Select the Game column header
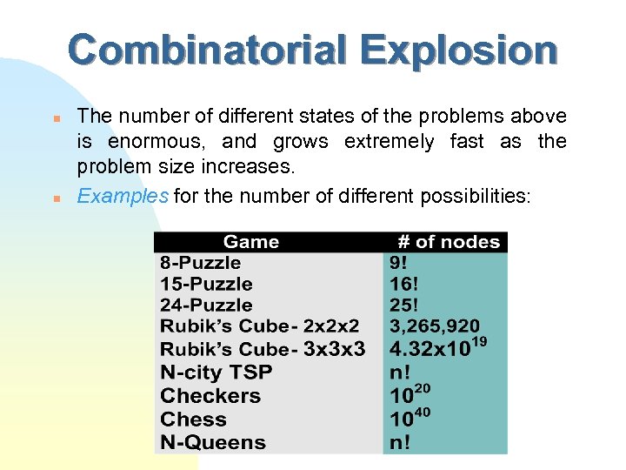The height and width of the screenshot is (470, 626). [x=251, y=242]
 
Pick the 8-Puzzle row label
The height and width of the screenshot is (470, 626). [x=201, y=263]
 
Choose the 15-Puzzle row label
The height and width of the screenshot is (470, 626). [x=206, y=284]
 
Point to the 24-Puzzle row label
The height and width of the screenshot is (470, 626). [x=206, y=305]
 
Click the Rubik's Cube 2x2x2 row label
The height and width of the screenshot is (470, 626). [x=259, y=326]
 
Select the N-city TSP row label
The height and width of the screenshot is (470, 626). [x=216, y=373]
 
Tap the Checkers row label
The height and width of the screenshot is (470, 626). [x=210, y=396]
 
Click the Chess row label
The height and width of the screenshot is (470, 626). [x=193, y=419]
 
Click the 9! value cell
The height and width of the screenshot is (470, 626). [x=401, y=263]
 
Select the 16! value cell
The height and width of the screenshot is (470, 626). [x=404, y=284]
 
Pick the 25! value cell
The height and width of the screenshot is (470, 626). [x=404, y=305]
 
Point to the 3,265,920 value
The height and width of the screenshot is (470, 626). [x=434, y=326]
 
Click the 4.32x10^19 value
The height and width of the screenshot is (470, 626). [x=437, y=349]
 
